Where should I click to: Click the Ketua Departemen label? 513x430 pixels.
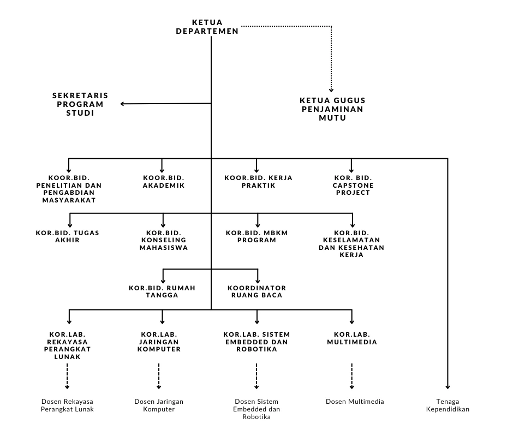pyautogui.click(x=207, y=27)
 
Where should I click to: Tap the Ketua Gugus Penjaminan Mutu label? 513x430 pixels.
pyautogui.click(x=332, y=109)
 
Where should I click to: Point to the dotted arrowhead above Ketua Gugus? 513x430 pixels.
pyautogui.click(x=331, y=88)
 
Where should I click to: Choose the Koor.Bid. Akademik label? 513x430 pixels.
pyautogui.click(x=164, y=182)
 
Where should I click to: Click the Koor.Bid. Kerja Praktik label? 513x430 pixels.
pyautogui.click(x=259, y=182)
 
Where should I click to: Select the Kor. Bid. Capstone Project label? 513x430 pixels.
pyautogui.click(x=353, y=185)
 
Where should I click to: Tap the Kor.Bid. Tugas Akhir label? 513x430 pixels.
pyautogui.click(x=68, y=236)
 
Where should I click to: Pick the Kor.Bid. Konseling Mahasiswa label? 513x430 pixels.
pyautogui.click(x=164, y=240)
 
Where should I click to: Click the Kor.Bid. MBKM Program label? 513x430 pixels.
pyautogui.click(x=257, y=236)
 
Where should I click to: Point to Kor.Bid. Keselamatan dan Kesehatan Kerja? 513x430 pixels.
pyautogui.click(x=351, y=244)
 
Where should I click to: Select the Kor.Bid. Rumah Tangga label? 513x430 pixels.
pyautogui.click(x=162, y=291)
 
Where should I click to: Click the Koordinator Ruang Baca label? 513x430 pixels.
pyautogui.click(x=256, y=291)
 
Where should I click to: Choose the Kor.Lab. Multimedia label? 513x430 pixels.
pyautogui.click(x=351, y=338)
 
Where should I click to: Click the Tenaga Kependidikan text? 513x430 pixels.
pyautogui.click(x=448, y=405)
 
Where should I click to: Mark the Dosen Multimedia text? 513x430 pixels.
pyautogui.click(x=355, y=402)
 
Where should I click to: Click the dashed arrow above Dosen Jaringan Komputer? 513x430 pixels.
pyautogui.click(x=159, y=375)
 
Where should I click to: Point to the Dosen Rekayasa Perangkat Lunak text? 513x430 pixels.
pyautogui.click(x=67, y=405)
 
